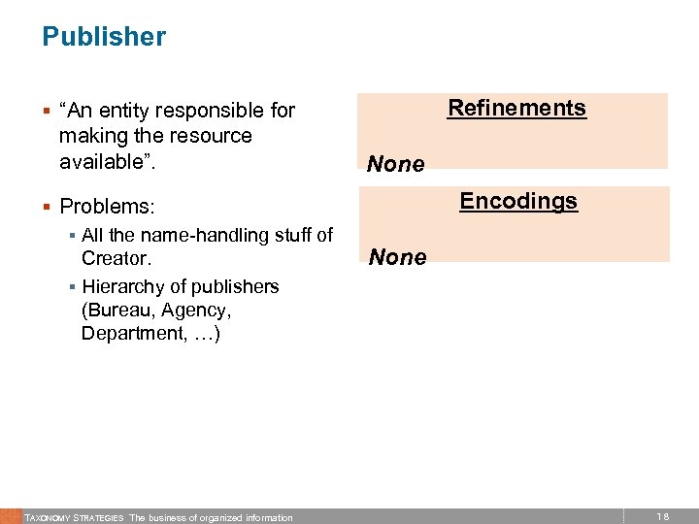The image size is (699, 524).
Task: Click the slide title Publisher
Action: coord(104,38)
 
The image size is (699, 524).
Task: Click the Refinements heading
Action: coord(516,108)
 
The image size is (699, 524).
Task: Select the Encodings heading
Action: coord(518,201)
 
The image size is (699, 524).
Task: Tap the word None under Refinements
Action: coord(395,165)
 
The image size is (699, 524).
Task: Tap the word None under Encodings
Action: coord(396,257)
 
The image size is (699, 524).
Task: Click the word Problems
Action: coord(103,207)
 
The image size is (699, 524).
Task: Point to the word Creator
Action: coord(115,259)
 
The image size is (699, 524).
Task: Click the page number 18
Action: coord(663,517)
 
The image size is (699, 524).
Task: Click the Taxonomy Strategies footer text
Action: coord(74,518)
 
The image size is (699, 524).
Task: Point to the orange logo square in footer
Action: coord(10,516)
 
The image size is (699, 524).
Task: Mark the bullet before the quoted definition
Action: coord(47,111)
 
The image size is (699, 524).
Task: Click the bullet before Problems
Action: coord(47,207)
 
